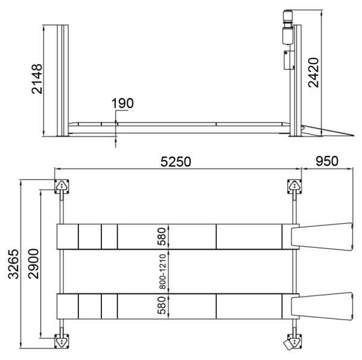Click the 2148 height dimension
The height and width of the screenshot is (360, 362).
[x=37, y=79]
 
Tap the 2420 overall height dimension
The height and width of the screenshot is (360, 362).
[x=314, y=72]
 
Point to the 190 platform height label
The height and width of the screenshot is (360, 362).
[x=122, y=103]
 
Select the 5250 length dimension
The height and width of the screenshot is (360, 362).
[x=176, y=161]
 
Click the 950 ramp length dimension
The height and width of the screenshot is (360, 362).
[x=327, y=161]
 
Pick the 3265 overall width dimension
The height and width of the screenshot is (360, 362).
[x=13, y=264]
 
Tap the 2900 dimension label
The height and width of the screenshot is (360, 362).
[x=33, y=263]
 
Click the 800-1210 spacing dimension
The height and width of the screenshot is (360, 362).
[x=163, y=271]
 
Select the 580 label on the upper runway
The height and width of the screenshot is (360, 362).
[x=162, y=236]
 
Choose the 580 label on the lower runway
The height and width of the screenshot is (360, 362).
[x=162, y=306]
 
